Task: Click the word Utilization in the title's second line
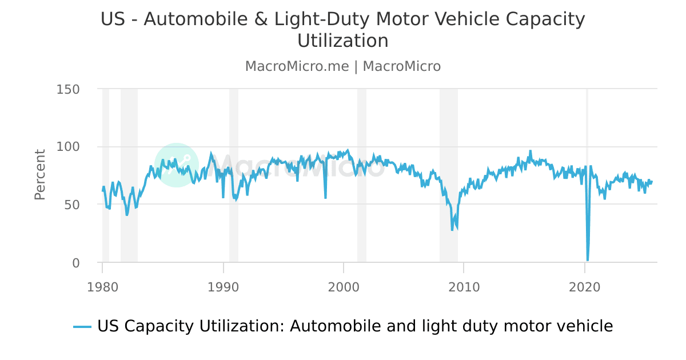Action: (343, 41)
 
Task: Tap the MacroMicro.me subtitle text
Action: (297, 66)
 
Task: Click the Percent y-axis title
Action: (39, 174)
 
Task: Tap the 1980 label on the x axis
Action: (102, 287)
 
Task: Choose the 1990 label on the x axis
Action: (223, 287)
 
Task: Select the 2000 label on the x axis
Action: (344, 287)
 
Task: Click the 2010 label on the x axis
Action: (464, 287)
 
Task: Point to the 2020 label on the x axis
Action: (584, 287)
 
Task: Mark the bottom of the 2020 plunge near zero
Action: (587, 260)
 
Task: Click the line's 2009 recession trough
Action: (452, 230)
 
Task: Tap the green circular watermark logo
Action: (177, 165)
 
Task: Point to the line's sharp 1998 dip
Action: (325, 198)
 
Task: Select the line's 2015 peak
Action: (530, 151)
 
